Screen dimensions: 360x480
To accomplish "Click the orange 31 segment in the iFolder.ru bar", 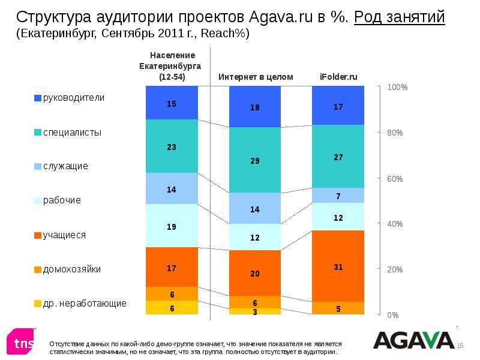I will coord(338,266).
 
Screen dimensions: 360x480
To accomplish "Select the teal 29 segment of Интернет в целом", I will coord(255,160).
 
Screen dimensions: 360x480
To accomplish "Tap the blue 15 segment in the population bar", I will coord(172,103).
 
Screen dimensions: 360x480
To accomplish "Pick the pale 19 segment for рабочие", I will coord(172,226).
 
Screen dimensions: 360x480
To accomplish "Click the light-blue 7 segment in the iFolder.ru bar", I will coord(338,196).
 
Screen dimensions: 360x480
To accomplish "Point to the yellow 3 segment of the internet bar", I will coord(255,311).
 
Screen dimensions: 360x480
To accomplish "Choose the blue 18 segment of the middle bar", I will coord(255,107).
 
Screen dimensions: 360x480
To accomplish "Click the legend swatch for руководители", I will coord(38,98).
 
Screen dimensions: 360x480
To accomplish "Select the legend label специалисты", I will coord(72,132).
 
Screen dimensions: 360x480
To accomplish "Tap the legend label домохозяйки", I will coord(71,269).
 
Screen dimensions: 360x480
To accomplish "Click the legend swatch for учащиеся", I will coord(38,235).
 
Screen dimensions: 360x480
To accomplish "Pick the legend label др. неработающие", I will coord(85,304).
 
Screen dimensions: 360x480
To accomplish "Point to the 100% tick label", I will coord(397,88).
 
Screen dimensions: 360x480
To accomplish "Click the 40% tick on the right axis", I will coord(395,224).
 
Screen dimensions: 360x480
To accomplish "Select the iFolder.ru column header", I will coord(338,77).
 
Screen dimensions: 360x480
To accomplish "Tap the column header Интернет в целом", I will coord(256,77).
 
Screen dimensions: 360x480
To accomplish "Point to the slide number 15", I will coord(461,346).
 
